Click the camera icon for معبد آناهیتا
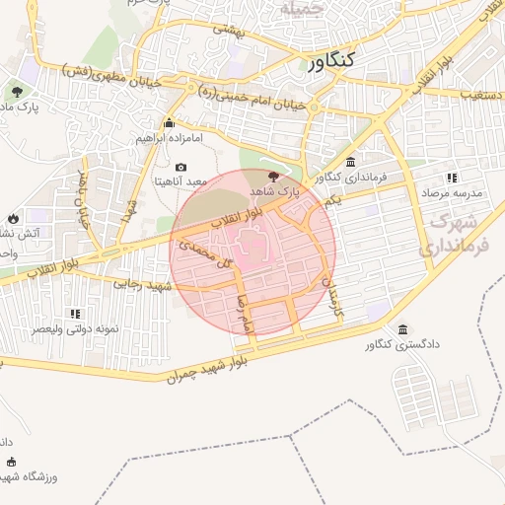180,168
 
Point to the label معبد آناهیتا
180,181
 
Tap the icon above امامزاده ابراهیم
170,123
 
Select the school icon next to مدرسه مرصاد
452,179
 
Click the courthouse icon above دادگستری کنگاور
401,329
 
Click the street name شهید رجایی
145,285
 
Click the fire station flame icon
13,218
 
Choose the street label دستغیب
482,95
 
